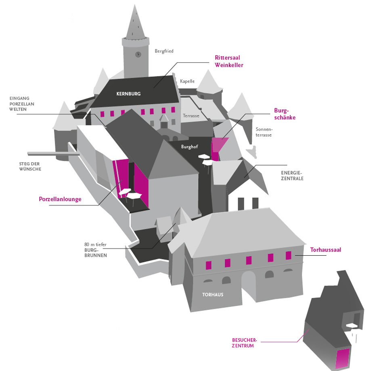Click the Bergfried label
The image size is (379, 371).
(x=164, y=51)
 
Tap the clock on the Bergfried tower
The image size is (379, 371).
(x=138, y=54)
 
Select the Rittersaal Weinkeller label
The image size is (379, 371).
(x=229, y=61)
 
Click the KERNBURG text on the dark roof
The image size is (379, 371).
(x=128, y=94)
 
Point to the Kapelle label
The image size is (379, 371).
(x=187, y=81)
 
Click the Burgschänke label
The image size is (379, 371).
(x=285, y=114)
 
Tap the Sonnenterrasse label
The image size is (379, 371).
(x=264, y=132)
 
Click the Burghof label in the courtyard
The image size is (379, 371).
(x=189, y=147)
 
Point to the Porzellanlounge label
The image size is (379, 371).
(x=60, y=199)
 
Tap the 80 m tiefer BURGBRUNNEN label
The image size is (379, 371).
(x=96, y=250)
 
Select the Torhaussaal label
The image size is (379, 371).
(x=325, y=250)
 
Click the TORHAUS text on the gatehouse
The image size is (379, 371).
(x=213, y=295)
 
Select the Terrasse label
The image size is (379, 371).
(x=191, y=116)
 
